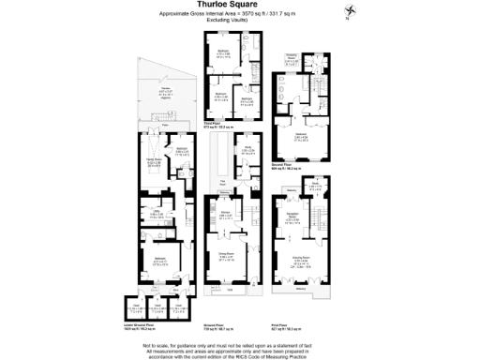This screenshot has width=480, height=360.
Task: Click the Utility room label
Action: pyautogui.click(x=146, y=213)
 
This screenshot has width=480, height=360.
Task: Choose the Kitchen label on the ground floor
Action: pyautogui.click(x=225, y=215)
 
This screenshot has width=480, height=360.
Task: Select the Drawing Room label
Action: pyautogui.click(x=303, y=260)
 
